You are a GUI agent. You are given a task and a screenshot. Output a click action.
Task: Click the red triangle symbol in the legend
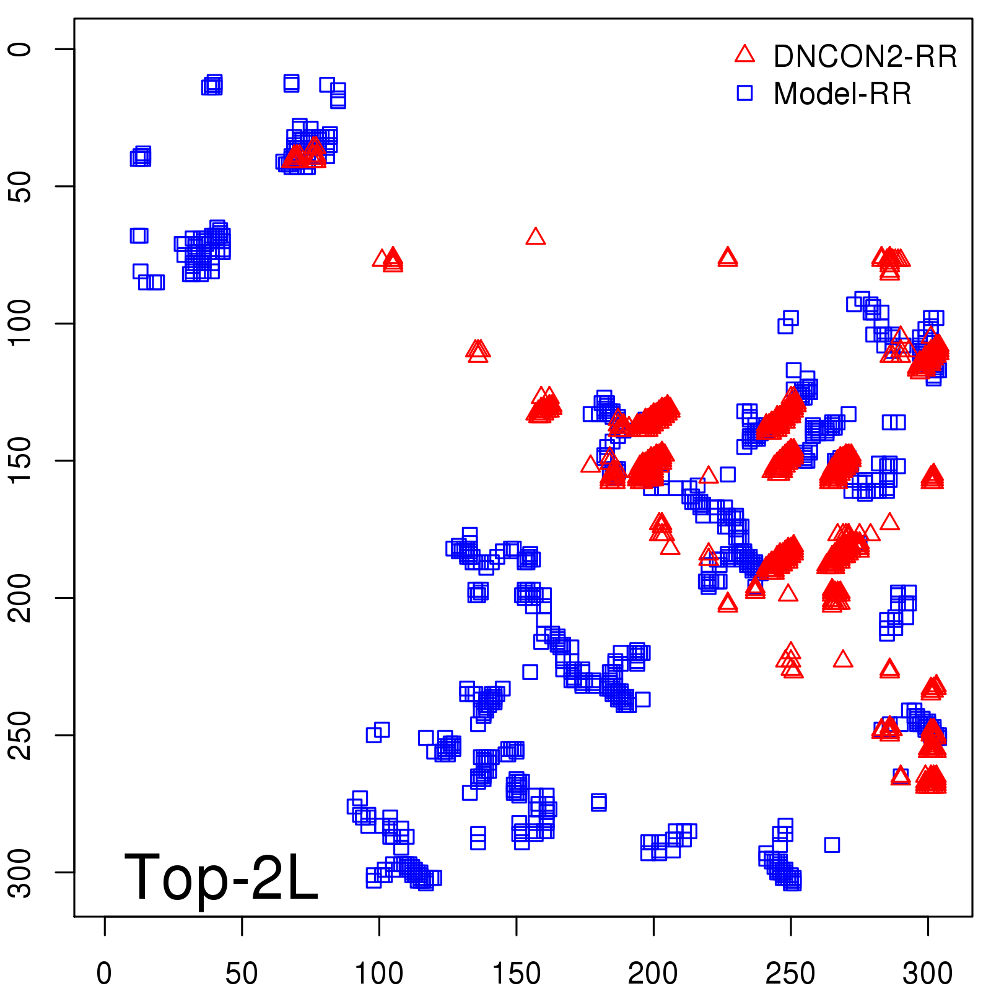(744, 55)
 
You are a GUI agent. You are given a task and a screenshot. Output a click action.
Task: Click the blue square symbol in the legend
(744, 93)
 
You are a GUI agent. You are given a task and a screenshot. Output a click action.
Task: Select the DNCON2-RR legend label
(865, 56)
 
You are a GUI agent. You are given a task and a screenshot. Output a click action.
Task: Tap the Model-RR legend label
(842, 94)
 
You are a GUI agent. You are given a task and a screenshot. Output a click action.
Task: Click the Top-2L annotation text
(221, 877)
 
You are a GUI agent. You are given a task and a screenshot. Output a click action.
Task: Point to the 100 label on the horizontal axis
(379, 974)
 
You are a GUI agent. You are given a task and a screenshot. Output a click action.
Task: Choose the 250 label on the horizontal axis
(790, 974)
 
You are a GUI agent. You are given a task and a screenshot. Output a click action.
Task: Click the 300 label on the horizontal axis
(927, 974)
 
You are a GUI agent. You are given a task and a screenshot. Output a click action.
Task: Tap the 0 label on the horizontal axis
(105, 974)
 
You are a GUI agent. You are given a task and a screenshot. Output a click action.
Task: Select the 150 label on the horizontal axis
(516, 974)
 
